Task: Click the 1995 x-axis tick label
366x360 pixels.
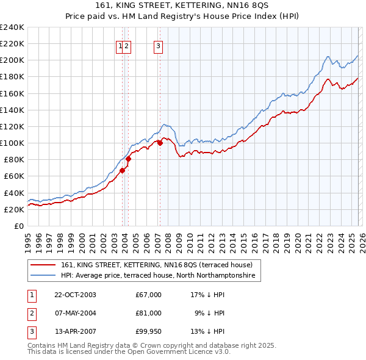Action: click(28, 238)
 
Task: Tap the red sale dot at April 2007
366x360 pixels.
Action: click(160, 143)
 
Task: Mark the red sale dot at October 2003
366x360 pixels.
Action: click(122, 170)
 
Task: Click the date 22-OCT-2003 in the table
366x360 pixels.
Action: click(75, 295)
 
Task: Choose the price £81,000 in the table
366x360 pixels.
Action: click(149, 313)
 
